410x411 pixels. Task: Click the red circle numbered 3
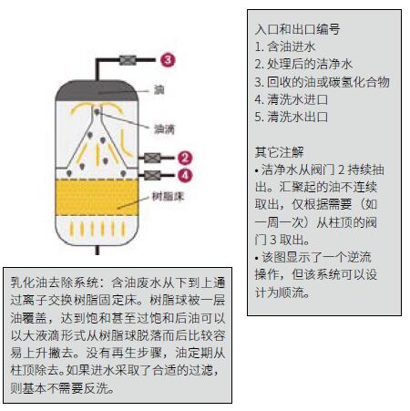(166, 60)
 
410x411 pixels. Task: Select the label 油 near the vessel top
(159, 91)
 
